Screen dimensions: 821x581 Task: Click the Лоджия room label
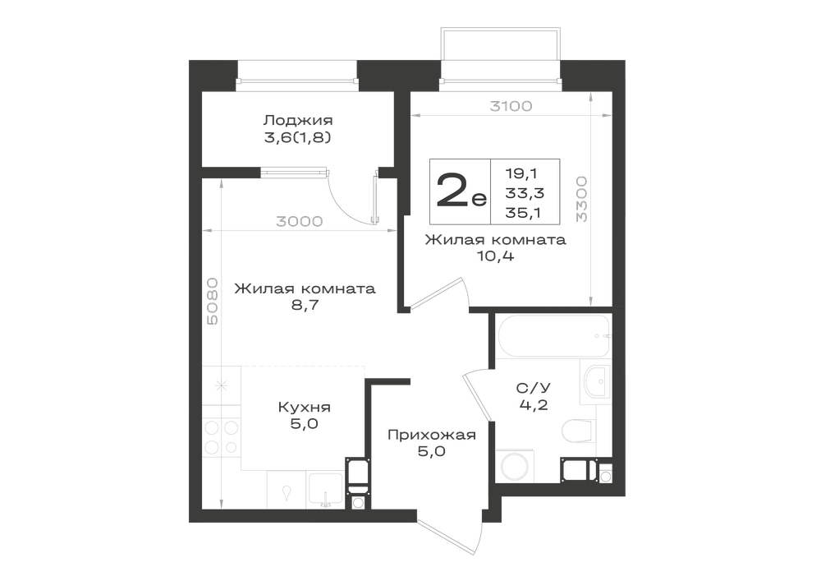click(x=297, y=121)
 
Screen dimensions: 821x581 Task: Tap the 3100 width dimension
click(x=511, y=106)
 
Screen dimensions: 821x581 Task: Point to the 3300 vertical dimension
click(x=582, y=200)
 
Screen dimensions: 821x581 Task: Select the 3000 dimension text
click(x=300, y=222)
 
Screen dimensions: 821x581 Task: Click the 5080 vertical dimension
click(x=213, y=302)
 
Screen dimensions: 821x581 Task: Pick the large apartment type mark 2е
click(x=461, y=191)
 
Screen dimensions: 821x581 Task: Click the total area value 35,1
click(x=524, y=213)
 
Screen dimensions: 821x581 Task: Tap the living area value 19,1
click(x=522, y=173)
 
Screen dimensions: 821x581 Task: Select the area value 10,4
click(x=495, y=256)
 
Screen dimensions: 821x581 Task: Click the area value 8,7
click(x=305, y=305)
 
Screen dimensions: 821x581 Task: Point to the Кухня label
click(x=305, y=407)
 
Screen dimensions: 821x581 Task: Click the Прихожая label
click(x=432, y=435)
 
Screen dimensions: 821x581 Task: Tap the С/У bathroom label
click(x=534, y=388)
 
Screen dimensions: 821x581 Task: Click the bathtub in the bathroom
click(x=554, y=335)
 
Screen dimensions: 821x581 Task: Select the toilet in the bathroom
click(x=579, y=431)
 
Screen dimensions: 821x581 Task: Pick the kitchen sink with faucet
click(x=326, y=491)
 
